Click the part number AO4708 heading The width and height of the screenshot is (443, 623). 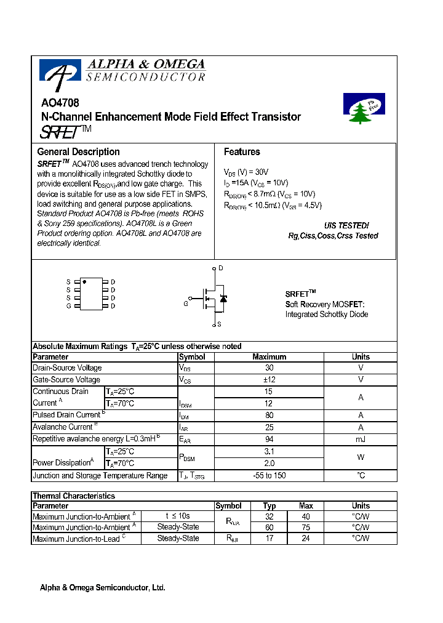coord(60,104)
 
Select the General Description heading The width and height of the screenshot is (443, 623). coord(78,152)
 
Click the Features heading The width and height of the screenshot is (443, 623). coord(242,152)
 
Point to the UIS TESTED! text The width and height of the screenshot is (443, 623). coord(346,226)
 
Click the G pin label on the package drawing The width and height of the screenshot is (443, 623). coord(69,306)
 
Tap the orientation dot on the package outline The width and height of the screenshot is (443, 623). coord(84,281)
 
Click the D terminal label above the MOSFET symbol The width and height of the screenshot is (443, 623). coord(221,268)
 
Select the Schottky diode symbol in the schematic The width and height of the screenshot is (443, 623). coord(223,299)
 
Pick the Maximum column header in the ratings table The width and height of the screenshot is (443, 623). coord(269,357)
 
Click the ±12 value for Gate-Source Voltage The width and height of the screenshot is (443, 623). coord(268,380)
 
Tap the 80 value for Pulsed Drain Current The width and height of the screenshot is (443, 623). coord(268,415)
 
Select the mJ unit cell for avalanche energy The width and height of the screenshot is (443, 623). coord(361,439)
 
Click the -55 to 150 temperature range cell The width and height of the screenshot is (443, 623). coord(268,475)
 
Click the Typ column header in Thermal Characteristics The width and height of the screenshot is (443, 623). coord(269,506)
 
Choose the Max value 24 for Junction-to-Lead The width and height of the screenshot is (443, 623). coord(306,539)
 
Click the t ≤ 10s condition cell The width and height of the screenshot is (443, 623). coord(178,516)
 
